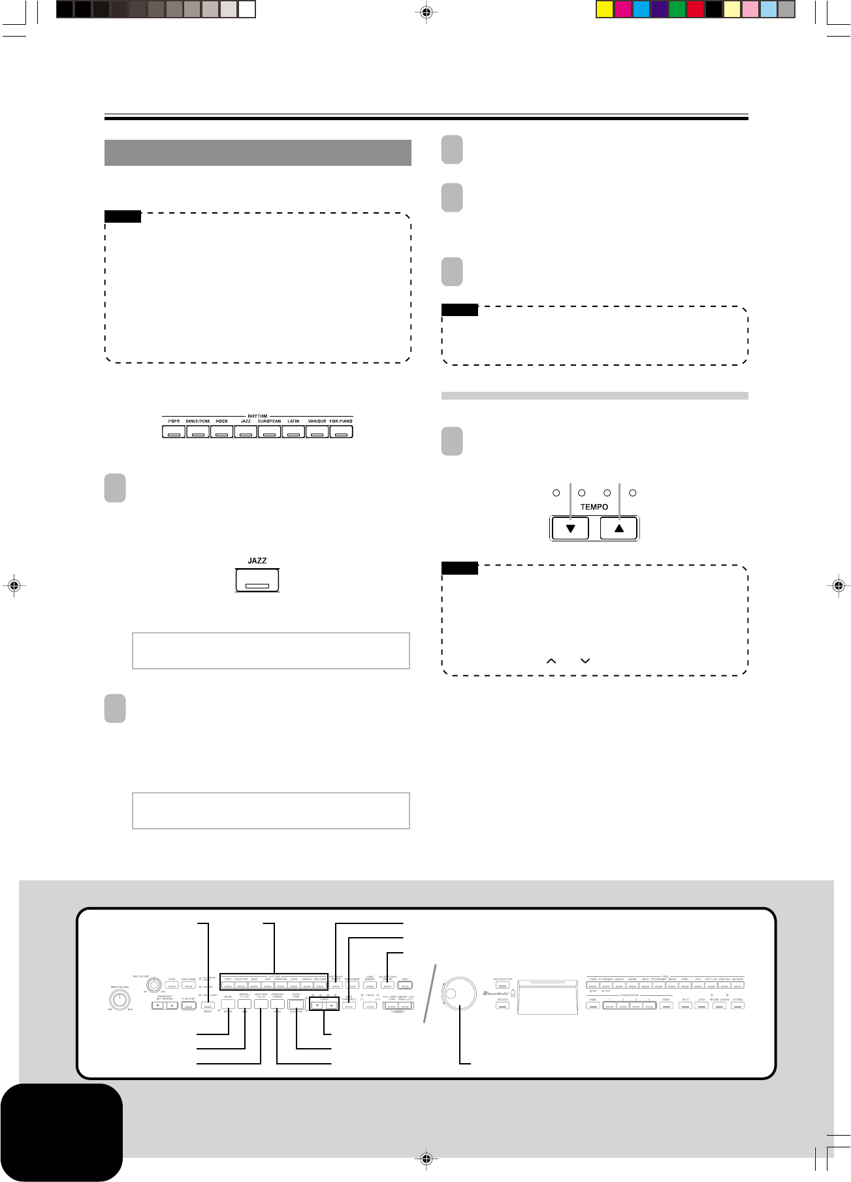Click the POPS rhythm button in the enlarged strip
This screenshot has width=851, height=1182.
pos(174,432)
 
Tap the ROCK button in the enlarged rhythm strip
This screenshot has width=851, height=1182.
pos(222,432)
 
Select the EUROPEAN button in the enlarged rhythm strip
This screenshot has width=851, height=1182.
pos(269,432)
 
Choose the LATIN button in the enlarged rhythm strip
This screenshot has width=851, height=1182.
pos(293,432)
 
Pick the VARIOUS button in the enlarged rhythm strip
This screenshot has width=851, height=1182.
pos(317,432)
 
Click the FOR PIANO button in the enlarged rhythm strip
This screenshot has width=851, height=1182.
pos(341,432)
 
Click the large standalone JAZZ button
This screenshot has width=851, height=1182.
pos(257,581)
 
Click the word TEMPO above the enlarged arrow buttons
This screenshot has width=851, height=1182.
pos(594,507)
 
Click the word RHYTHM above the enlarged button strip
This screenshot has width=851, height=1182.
pos(257,415)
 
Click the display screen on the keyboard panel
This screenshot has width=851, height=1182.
pos(547,997)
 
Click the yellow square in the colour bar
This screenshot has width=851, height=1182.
pos(604,10)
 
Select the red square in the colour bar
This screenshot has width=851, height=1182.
pos(696,10)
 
